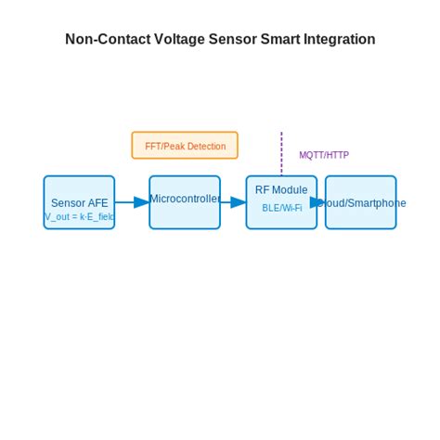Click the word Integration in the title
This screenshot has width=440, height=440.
339,40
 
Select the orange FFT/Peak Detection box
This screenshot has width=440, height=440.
185,146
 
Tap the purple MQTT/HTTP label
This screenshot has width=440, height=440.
323,155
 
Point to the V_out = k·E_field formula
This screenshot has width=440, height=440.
80,216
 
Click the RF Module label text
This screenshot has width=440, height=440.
281,190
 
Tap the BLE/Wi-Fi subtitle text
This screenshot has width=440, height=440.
281,208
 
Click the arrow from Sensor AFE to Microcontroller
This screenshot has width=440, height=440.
131,202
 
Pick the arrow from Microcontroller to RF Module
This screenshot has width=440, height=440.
232,202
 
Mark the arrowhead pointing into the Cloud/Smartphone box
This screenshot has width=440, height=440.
318,202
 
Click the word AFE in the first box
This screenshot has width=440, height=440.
98,203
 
